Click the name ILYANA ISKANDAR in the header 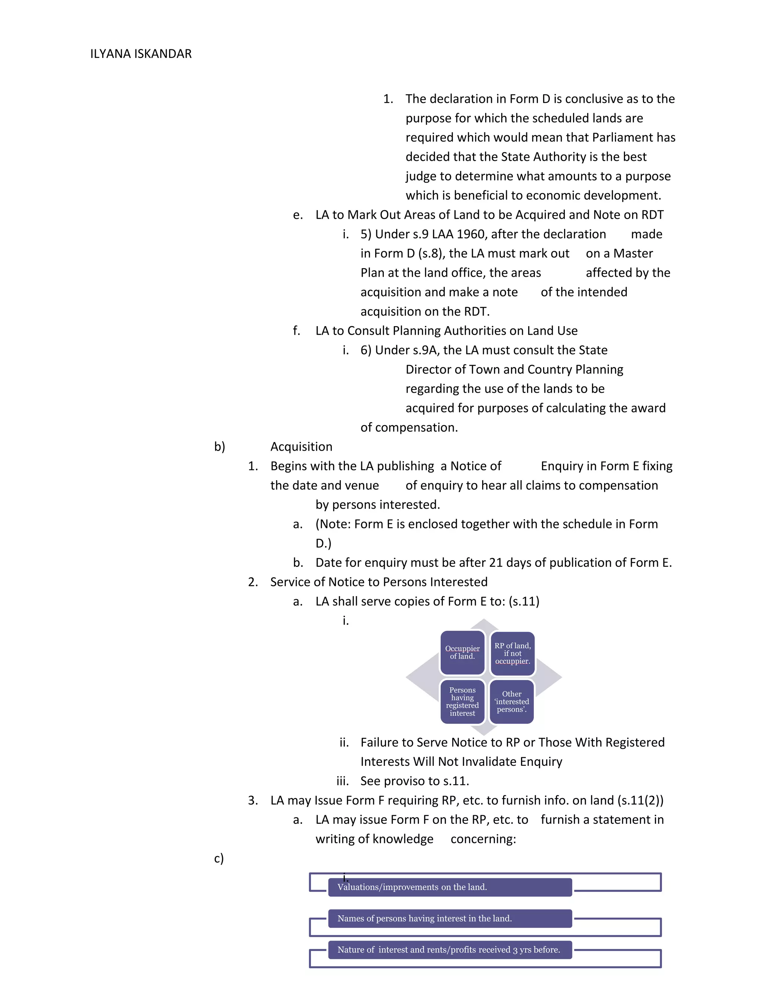(141, 54)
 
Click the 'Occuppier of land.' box (462, 653)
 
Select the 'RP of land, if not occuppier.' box (512, 653)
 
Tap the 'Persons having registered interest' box (462, 702)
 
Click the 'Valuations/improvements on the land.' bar (449, 887)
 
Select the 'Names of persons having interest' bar (449, 918)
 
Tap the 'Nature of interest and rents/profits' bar (449, 950)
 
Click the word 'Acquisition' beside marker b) (301, 447)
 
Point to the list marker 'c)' (219, 859)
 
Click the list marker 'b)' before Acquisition (219, 447)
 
